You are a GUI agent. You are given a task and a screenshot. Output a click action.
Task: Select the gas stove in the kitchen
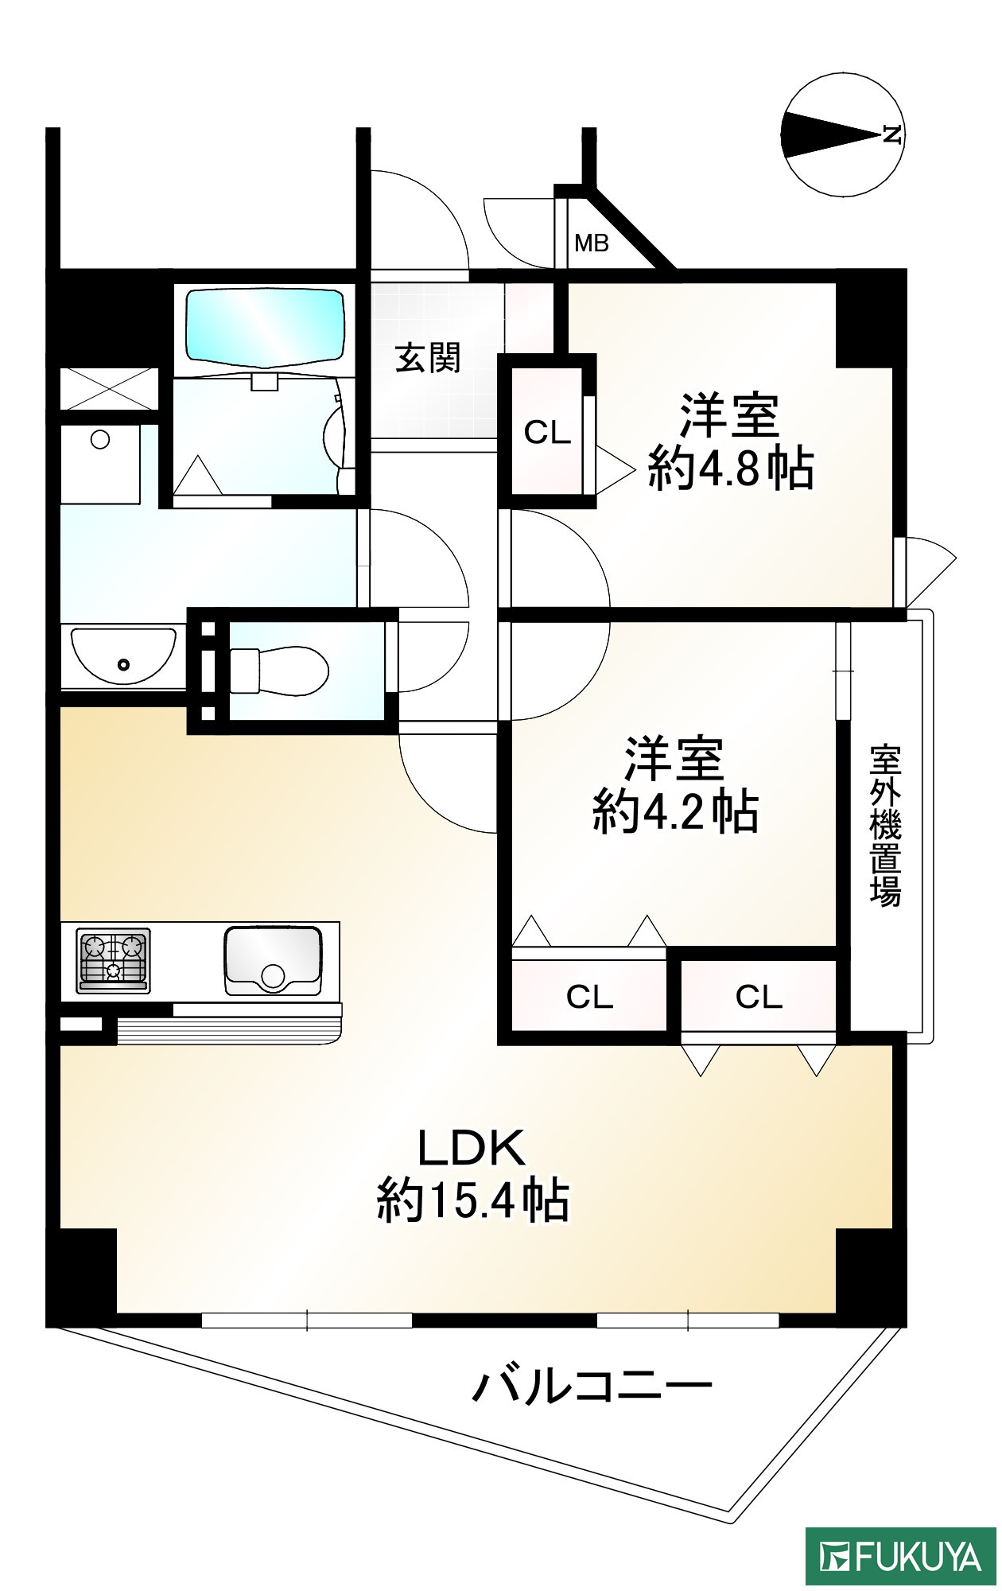point(114,960)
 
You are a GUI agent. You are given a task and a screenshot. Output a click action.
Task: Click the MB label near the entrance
point(591,243)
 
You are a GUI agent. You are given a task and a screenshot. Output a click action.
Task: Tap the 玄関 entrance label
point(428,358)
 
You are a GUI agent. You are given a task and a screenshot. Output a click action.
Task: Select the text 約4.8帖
point(731,469)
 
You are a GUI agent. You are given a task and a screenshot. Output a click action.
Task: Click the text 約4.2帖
point(675,811)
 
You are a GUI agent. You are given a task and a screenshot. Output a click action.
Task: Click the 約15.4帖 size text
point(473,1200)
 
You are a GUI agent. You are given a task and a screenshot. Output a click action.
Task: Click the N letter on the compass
point(892,134)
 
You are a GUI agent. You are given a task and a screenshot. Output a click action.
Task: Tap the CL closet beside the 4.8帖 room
point(547,433)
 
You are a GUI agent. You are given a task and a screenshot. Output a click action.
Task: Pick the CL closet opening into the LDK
point(759,996)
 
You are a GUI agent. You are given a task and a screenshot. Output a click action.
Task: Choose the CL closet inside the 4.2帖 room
point(589,996)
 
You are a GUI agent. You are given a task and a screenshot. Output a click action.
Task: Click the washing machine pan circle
point(100,439)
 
